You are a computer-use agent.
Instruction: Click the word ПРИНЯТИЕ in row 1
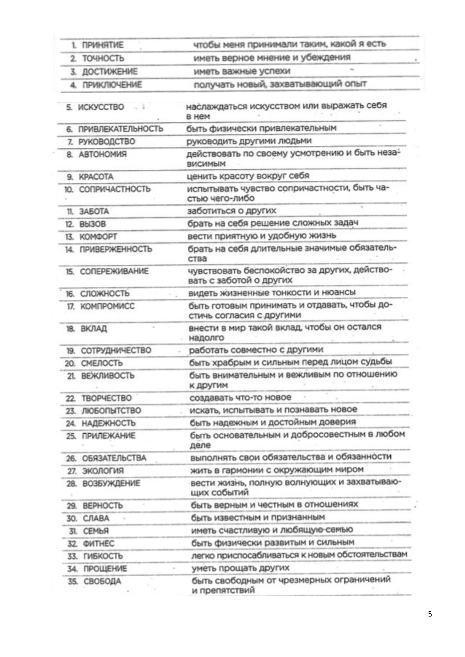click(102, 45)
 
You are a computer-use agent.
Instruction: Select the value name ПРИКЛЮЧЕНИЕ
click(112, 85)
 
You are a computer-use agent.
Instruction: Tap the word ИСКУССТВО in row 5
click(100, 108)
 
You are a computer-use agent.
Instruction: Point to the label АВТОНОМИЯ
click(102, 154)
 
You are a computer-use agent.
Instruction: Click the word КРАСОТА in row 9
click(96, 177)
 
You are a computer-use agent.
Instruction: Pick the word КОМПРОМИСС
click(107, 306)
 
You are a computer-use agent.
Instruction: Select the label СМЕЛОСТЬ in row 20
click(102, 363)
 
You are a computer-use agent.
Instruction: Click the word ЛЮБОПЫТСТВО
click(111, 411)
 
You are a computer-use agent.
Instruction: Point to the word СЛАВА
click(96, 519)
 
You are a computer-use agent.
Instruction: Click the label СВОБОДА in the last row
click(102, 582)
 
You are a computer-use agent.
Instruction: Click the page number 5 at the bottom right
click(430, 614)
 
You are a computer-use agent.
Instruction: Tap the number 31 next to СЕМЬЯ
click(73, 531)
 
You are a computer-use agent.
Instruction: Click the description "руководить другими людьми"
click(249, 141)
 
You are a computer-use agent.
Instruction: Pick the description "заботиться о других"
click(231, 211)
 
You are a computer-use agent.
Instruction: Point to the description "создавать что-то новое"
click(240, 398)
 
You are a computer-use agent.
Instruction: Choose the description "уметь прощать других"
click(240, 568)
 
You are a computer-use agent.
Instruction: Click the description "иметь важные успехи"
click(242, 71)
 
